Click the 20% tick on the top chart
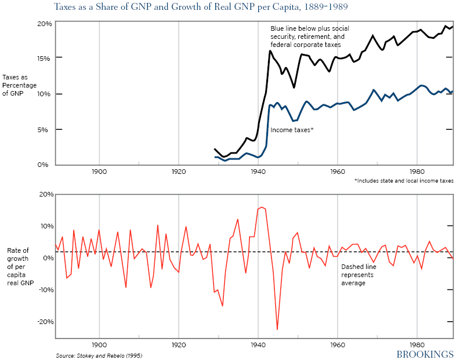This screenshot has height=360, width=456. coord(45,24)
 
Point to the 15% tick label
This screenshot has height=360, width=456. coord(45,59)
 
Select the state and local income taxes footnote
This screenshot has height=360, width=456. coord(403,181)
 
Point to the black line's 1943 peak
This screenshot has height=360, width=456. coord(270,51)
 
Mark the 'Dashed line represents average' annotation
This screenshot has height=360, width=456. coord(357,275)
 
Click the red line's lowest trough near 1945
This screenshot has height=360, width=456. coord(277,329)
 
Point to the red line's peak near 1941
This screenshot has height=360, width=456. coord(262,207)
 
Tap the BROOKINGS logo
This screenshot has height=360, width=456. coord(424,353)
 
